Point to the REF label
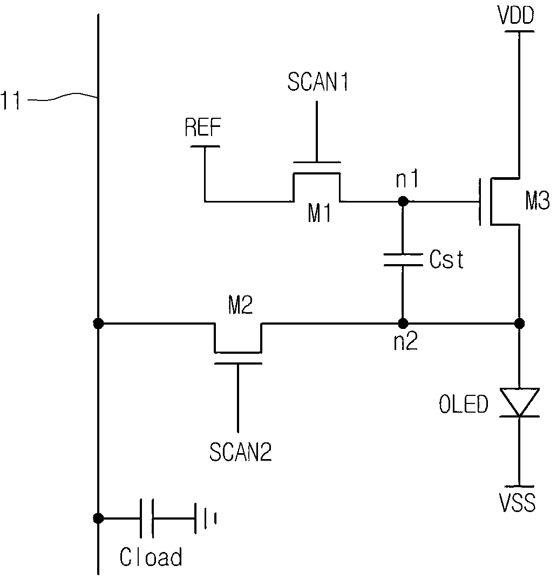pos(203,130)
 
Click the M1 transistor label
pos(320,214)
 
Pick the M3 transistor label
pos(537,203)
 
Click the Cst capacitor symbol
pos(402,260)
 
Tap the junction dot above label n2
pos(402,324)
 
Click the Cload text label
pos(151,557)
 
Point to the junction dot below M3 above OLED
pos(519,324)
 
